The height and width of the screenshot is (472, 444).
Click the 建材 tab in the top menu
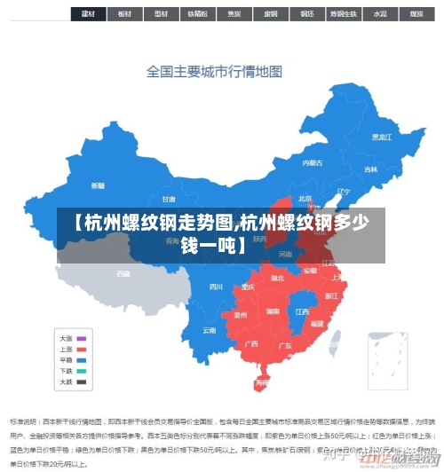(87, 14)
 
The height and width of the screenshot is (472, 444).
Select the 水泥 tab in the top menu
(379, 14)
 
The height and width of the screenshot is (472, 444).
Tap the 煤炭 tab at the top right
(416, 14)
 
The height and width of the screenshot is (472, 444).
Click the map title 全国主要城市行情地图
(214, 72)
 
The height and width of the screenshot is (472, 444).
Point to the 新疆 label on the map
(98, 185)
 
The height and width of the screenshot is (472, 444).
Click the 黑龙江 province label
(381, 137)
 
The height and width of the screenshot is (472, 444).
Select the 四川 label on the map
(215, 287)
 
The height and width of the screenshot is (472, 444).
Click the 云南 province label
(209, 330)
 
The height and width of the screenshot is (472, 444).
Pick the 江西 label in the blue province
(302, 311)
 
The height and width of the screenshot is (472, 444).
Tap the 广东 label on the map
(286, 345)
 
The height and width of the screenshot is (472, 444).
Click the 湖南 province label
(273, 311)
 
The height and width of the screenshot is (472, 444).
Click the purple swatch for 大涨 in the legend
(82, 338)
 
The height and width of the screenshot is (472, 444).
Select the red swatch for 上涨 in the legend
(82, 349)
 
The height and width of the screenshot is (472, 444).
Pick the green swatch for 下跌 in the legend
(82, 371)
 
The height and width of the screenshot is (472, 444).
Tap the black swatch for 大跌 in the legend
(82, 382)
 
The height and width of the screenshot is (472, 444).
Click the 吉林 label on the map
(370, 169)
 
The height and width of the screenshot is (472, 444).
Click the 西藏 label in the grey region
(123, 273)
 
